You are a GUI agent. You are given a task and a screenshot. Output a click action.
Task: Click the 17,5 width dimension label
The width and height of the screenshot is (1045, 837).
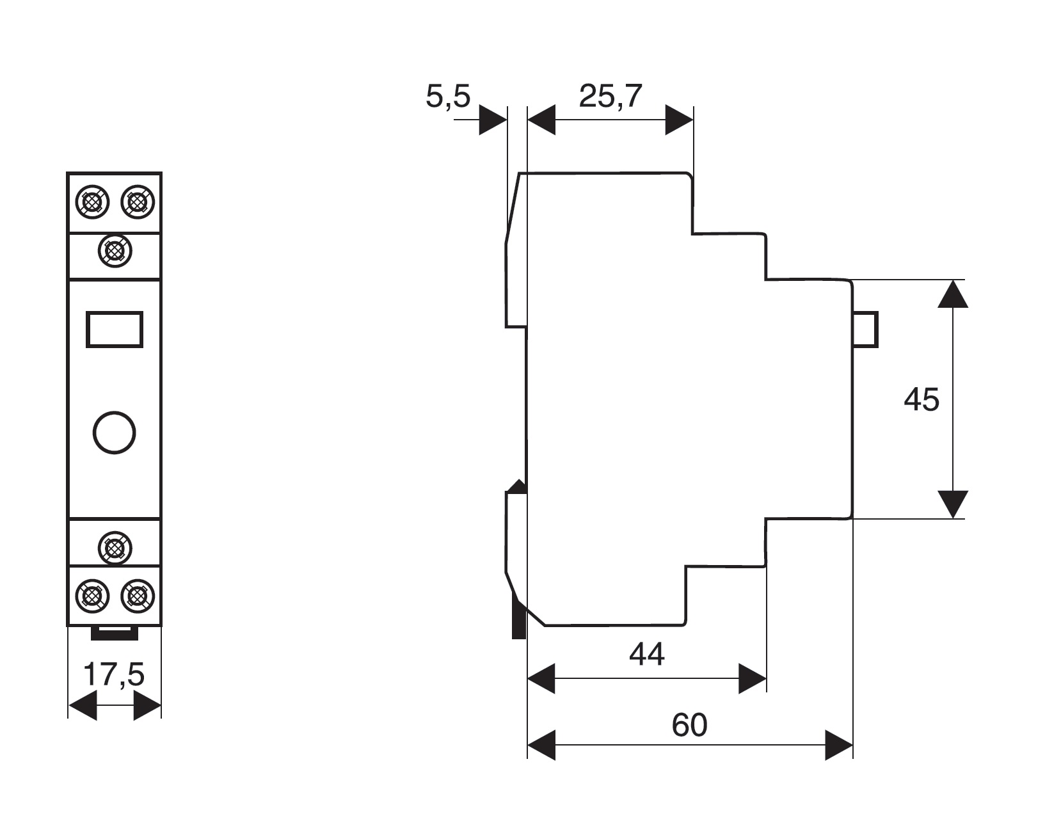tap(114, 674)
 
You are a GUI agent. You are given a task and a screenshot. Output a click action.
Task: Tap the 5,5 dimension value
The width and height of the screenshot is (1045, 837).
tap(448, 96)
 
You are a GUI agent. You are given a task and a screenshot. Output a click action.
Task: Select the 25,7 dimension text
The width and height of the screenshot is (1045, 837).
tap(610, 96)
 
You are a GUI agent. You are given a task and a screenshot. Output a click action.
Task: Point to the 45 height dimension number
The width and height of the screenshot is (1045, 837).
tap(921, 400)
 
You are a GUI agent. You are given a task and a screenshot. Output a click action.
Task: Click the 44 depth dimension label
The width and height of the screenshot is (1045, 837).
tap(647, 654)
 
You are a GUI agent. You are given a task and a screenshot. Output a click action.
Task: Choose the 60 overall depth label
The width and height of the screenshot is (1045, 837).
tap(690, 725)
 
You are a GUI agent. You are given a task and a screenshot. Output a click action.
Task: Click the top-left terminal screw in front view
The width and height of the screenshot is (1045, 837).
tap(92, 202)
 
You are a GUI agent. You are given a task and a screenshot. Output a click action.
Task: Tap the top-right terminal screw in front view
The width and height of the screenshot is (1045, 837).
tap(138, 202)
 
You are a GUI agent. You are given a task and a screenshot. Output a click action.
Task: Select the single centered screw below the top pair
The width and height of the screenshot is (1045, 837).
tap(115, 251)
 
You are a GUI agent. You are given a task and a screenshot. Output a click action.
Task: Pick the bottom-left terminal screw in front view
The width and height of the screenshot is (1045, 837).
tap(92, 596)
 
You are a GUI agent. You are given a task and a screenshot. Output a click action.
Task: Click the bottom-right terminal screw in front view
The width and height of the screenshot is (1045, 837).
tap(138, 596)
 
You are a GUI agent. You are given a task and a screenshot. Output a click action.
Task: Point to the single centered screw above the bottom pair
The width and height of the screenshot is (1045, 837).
tap(115, 548)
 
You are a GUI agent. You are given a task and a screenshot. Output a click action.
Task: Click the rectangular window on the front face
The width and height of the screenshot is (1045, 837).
tap(115, 330)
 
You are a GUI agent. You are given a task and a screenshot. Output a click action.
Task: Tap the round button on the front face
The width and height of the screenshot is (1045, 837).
tap(114, 433)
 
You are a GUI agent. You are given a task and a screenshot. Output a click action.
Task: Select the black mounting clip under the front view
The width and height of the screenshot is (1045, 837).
tap(115, 634)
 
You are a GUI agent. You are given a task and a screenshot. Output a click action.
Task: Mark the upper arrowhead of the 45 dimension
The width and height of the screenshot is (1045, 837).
tap(953, 294)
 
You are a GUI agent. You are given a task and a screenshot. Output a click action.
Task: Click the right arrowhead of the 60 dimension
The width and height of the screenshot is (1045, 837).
tap(839, 745)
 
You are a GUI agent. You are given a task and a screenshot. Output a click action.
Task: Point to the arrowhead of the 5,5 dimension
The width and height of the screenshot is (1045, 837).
tap(493, 120)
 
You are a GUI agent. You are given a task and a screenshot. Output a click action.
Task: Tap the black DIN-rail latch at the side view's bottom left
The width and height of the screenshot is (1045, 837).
tap(518, 623)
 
